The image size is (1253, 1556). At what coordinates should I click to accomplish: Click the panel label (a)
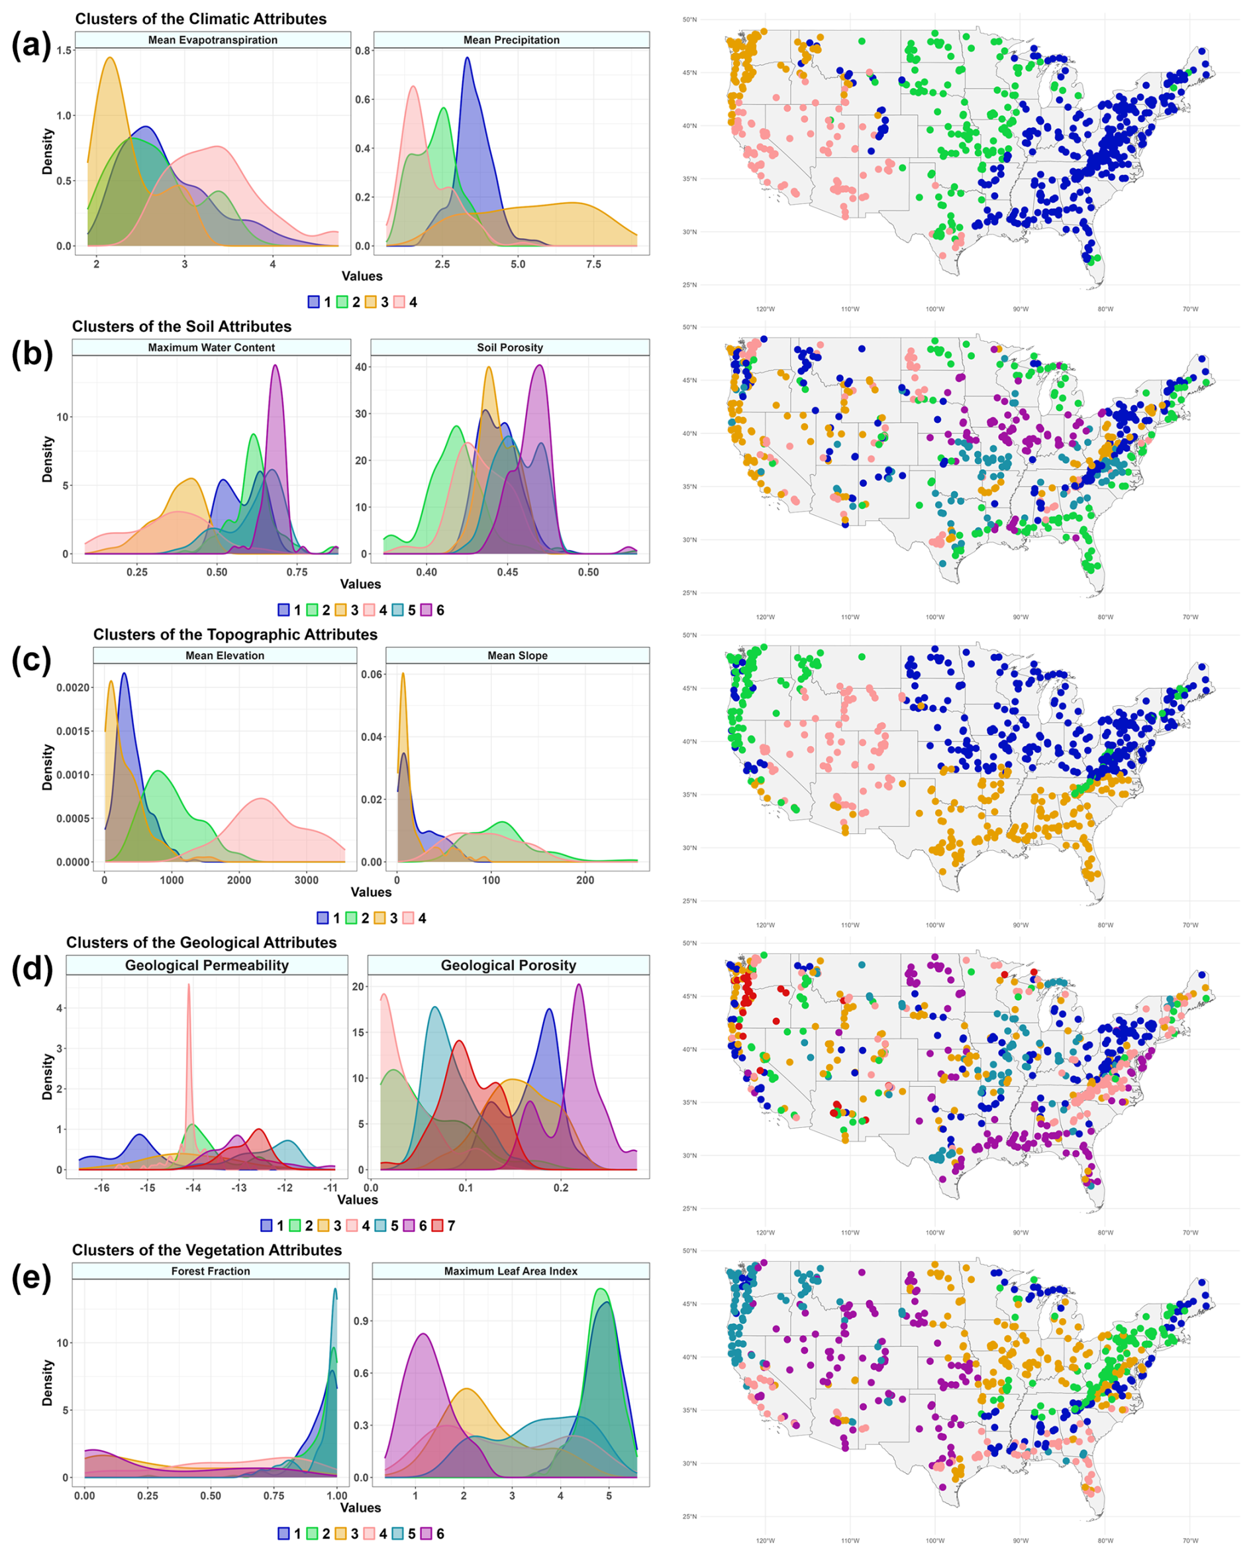31,46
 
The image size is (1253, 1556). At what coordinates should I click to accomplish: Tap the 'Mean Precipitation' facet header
511,40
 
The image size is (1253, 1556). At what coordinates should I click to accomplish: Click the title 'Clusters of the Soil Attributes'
181,326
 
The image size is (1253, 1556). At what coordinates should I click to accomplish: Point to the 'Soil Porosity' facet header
509,347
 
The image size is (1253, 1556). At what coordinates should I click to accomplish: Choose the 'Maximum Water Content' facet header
211,347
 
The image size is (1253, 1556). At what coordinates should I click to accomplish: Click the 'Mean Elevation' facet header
225,655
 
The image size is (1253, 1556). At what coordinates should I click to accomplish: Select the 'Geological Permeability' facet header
207,966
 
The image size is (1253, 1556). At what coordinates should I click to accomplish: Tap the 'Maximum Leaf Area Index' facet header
511,1271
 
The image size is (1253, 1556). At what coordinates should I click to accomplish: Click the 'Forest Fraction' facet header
210,1271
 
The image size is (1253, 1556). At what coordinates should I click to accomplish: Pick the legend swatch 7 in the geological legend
437,1225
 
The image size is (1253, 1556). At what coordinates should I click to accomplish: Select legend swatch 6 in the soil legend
426,610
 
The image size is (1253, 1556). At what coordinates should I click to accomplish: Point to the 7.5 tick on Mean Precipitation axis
593,264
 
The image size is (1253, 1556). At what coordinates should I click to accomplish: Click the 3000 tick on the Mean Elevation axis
306,880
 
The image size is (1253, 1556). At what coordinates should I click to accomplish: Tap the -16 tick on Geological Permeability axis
101,1188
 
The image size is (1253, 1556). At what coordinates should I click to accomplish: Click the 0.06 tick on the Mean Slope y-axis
372,675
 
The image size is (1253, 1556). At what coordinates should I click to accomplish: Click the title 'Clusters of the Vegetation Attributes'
207,1250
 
